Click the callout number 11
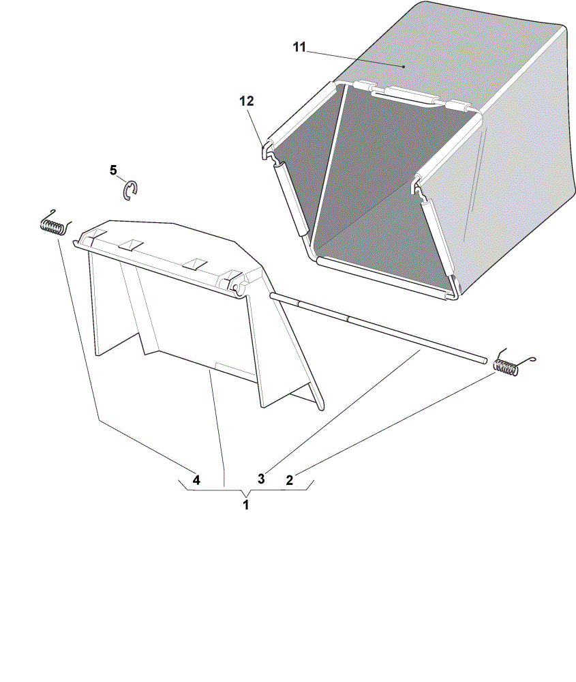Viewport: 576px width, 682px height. (299, 47)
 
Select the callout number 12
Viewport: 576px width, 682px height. (247, 101)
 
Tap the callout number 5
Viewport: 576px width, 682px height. (113, 170)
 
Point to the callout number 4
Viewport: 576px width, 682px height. (196, 480)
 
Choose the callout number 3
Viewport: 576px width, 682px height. (261, 479)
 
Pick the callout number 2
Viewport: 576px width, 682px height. (290, 480)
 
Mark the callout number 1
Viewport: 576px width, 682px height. (246, 505)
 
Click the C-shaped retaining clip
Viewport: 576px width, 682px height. (130, 191)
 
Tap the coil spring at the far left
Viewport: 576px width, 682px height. (55, 224)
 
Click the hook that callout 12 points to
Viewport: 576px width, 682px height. (266, 150)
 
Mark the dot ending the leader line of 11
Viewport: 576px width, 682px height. (404, 67)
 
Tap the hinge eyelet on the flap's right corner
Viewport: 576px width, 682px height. (237, 288)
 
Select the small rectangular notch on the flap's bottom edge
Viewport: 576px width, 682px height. (234, 368)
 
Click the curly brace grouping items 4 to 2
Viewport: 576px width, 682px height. (246, 488)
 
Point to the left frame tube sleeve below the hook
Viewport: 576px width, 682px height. (290, 198)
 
